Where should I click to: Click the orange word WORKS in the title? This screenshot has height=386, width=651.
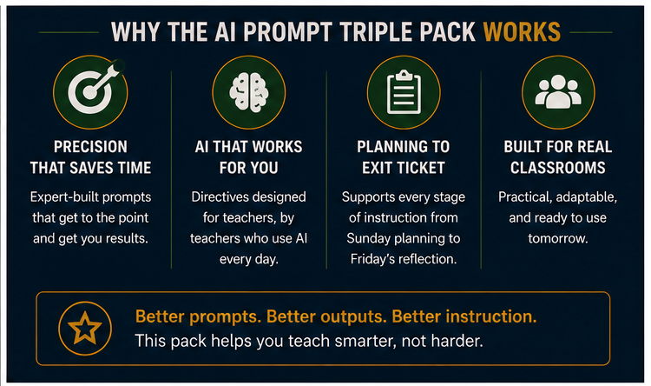click(x=522, y=32)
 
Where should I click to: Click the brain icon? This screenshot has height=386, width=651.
click(x=249, y=92)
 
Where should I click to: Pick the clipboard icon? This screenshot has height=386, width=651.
click(x=404, y=92)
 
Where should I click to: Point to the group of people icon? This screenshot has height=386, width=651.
click(x=558, y=91)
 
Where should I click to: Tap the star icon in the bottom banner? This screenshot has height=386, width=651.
click(x=85, y=328)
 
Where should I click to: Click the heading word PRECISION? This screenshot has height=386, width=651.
click(x=90, y=147)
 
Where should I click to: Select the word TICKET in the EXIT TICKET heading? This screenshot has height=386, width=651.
click(x=420, y=168)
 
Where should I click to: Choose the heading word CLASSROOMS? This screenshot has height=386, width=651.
click(x=558, y=168)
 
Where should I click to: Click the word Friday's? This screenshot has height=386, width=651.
click(x=372, y=259)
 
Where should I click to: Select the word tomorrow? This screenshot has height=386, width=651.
click(x=557, y=239)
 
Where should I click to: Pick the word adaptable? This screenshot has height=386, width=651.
click(x=586, y=197)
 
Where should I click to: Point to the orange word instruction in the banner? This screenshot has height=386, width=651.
click(x=491, y=316)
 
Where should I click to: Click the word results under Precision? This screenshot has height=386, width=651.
click(x=128, y=239)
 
